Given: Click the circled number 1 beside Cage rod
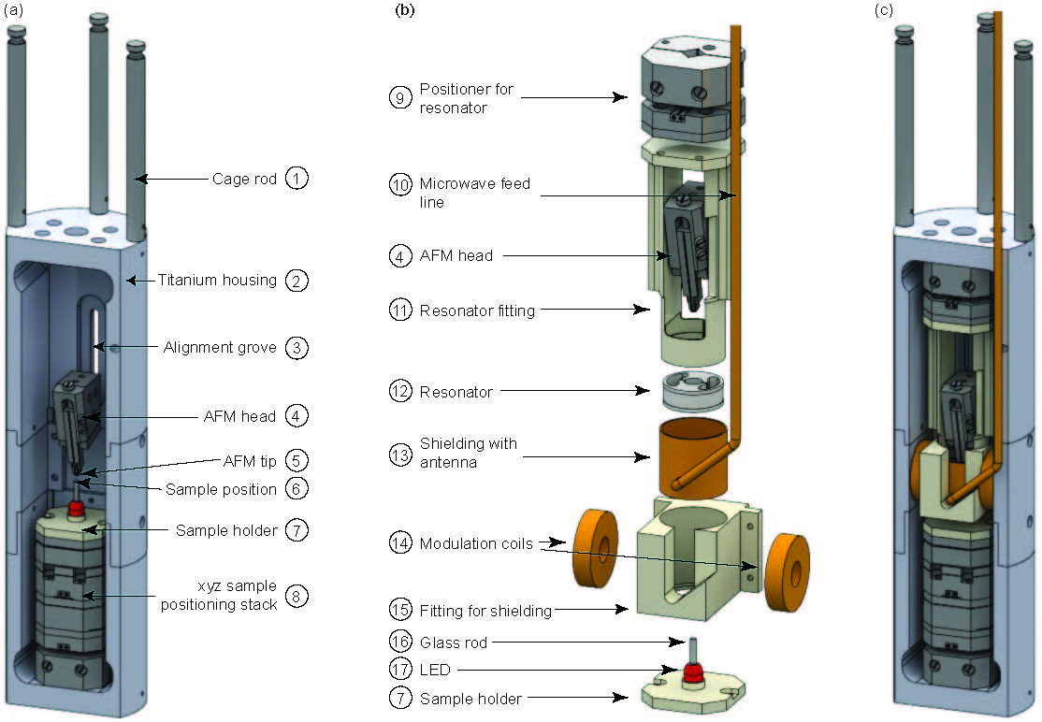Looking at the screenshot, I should pos(297,178).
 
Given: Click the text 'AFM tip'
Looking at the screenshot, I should pos(250,461).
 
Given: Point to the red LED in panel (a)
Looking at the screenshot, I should pos(75,511).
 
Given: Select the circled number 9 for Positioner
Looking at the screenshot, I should pos(399,98).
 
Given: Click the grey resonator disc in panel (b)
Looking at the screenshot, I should pos(688,390).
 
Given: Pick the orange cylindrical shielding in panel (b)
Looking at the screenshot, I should pos(692,458).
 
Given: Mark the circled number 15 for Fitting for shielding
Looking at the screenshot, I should pos(399,611).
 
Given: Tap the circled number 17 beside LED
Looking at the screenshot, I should pos(399,670).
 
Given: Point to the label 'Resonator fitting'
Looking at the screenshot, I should pos(477,310).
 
